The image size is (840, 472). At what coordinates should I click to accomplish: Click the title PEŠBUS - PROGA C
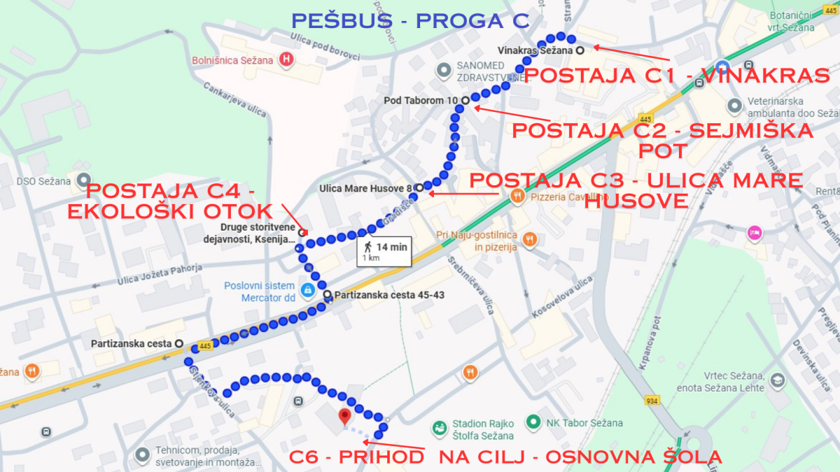pyautogui.click(x=410, y=21)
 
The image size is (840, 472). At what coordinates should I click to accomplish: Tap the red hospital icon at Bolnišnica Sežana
pyautogui.click(x=286, y=59)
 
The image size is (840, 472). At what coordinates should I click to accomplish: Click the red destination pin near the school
pyautogui.click(x=344, y=417)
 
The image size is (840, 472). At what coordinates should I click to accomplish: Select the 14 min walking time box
pyautogui.click(x=384, y=251)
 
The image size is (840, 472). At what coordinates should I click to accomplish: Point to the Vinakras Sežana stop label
pyautogui.click(x=535, y=50)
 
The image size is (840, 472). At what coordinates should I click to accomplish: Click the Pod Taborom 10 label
pyautogui.click(x=420, y=101)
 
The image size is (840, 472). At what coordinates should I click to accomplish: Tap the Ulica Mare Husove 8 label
pyautogui.click(x=365, y=187)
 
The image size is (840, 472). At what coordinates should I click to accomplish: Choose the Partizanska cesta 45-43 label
pyautogui.click(x=389, y=295)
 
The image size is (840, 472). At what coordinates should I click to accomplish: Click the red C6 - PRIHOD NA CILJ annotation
pyautogui.click(x=505, y=457)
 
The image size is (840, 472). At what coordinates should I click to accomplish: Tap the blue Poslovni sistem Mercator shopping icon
pyautogui.click(x=307, y=289)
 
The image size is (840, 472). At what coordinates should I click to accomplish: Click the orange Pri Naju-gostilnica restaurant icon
pyautogui.click(x=531, y=238)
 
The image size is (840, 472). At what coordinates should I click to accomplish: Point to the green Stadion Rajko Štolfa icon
pyautogui.click(x=440, y=427)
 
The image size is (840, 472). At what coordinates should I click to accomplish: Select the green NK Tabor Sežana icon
pyautogui.click(x=533, y=422)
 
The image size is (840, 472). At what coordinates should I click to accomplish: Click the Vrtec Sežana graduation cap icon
pyautogui.click(x=777, y=381)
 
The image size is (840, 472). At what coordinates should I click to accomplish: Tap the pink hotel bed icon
pyautogui.click(x=754, y=233)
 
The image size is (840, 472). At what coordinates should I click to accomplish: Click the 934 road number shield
pyautogui.click(x=652, y=401)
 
